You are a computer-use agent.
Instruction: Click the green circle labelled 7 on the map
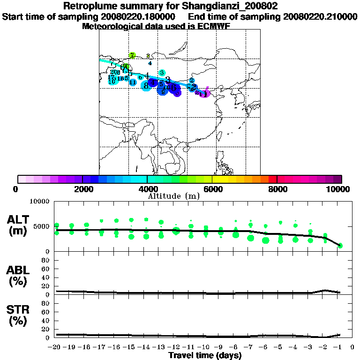pyautogui.click(x=133, y=55)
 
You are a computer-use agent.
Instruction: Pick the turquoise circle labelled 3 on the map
pyautogui.click(x=162, y=73)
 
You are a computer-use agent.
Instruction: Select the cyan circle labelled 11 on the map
pyautogui.click(x=133, y=82)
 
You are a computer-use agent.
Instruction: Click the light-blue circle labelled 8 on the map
pyautogui.click(x=146, y=86)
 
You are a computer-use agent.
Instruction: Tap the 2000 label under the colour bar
pyautogui.click(x=82, y=189)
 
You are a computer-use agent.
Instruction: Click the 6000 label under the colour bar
pyautogui.click(x=212, y=189)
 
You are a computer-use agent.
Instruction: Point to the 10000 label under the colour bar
pyautogui.click(x=339, y=189)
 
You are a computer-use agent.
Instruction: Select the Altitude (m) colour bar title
pyautogui.click(x=173, y=196)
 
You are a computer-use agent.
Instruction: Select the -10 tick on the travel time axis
pyautogui.click(x=205, y=347)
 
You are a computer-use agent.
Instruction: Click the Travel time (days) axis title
pyautogui.click(x=205, y=355)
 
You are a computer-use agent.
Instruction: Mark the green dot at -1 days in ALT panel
pyautogui.click(x=341, y=245)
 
